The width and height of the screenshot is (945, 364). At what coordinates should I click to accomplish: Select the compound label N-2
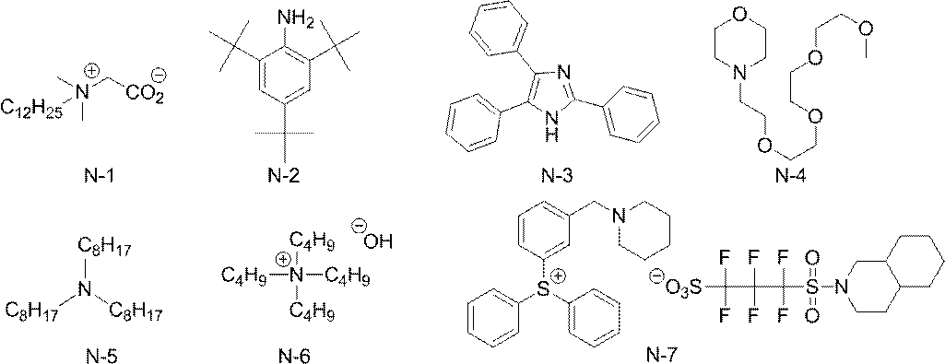pyautogui.click(x=285, y=178)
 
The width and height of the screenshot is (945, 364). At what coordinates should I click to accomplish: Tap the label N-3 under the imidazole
pyautogui.click(x=556, y=177)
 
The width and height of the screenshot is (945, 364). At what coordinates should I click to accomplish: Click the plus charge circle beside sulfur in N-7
pyautogui.click(x=559, y=277)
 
